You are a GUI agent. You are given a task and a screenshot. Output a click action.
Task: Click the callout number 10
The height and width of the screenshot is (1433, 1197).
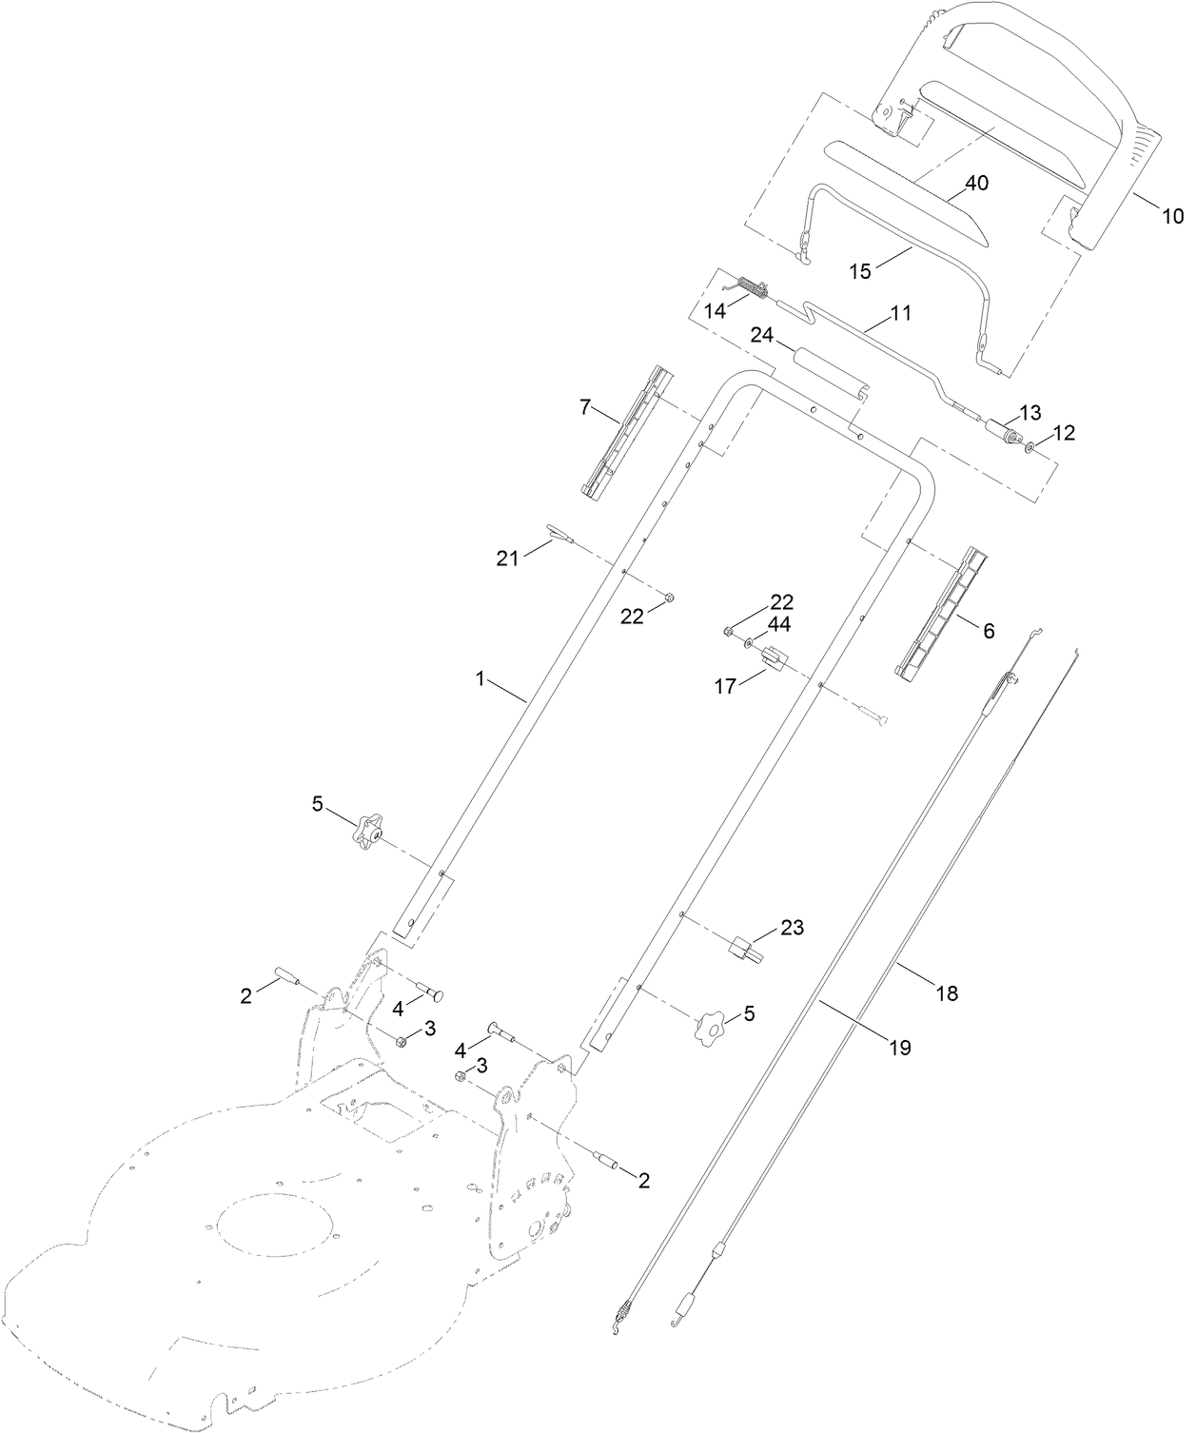click(x=1172, y=216)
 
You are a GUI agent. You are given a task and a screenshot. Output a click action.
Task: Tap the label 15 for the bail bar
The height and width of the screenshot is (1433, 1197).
click(x=859, y=270)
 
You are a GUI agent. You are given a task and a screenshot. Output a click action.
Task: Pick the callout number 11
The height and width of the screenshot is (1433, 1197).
click(x=900, y=312)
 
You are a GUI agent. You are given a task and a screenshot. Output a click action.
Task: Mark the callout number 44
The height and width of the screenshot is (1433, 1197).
click(x=779, y=624)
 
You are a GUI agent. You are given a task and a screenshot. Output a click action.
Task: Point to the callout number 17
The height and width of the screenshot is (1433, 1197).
click(x=725, y=685)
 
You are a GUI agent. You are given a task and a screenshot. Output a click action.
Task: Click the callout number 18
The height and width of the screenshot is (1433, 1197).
click(x=947, y=993)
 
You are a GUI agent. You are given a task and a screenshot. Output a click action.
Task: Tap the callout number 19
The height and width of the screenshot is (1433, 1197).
click(x=899, y=1048)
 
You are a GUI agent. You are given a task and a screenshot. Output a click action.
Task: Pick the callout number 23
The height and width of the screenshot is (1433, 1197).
click(x=793, y=927)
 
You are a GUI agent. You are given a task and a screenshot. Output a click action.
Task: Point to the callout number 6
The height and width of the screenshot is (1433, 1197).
click(x=988, y=630)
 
